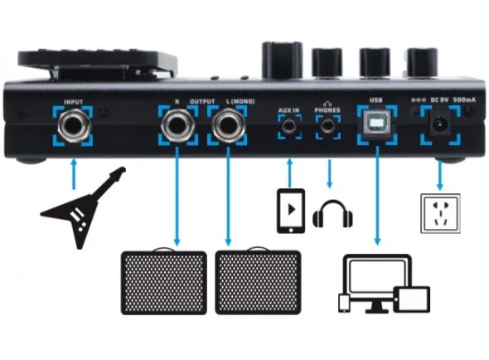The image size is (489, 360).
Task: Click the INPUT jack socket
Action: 75,125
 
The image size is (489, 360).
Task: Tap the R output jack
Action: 177,125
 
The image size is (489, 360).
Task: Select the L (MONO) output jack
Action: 228,125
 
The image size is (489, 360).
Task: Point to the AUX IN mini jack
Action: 289,126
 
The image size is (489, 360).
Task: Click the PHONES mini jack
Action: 327,126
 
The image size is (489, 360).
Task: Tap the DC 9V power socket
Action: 440,124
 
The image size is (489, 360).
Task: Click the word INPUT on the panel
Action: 74,102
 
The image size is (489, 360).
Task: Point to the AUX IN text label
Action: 288,110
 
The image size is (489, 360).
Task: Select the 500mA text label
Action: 464,100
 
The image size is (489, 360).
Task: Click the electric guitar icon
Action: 83,207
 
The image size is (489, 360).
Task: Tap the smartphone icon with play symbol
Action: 291,211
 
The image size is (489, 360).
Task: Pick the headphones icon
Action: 332,214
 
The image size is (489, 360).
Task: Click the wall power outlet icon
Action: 440,213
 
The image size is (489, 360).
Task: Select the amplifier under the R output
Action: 164,281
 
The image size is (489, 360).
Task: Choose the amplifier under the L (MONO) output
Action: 259,281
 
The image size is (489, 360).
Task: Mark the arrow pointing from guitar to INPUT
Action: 74,174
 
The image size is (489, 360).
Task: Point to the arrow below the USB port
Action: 377,196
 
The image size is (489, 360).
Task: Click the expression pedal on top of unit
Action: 97,64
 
